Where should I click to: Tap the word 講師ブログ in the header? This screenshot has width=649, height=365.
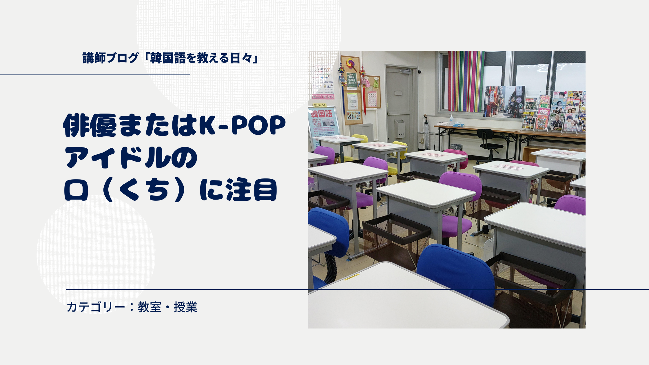coord(110,58)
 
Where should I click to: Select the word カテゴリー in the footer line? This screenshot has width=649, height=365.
coord(96,307)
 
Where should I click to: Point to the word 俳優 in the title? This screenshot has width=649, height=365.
coord(90,126)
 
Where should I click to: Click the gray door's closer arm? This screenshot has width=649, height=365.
coord(406,71)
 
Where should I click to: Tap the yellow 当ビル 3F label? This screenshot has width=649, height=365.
coord(320,105)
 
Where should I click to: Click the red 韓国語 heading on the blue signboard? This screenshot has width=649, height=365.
coord(322,114)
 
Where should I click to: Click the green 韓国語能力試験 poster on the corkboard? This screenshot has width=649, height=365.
coord(352,81)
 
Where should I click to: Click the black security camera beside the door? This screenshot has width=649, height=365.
coord(420,71)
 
